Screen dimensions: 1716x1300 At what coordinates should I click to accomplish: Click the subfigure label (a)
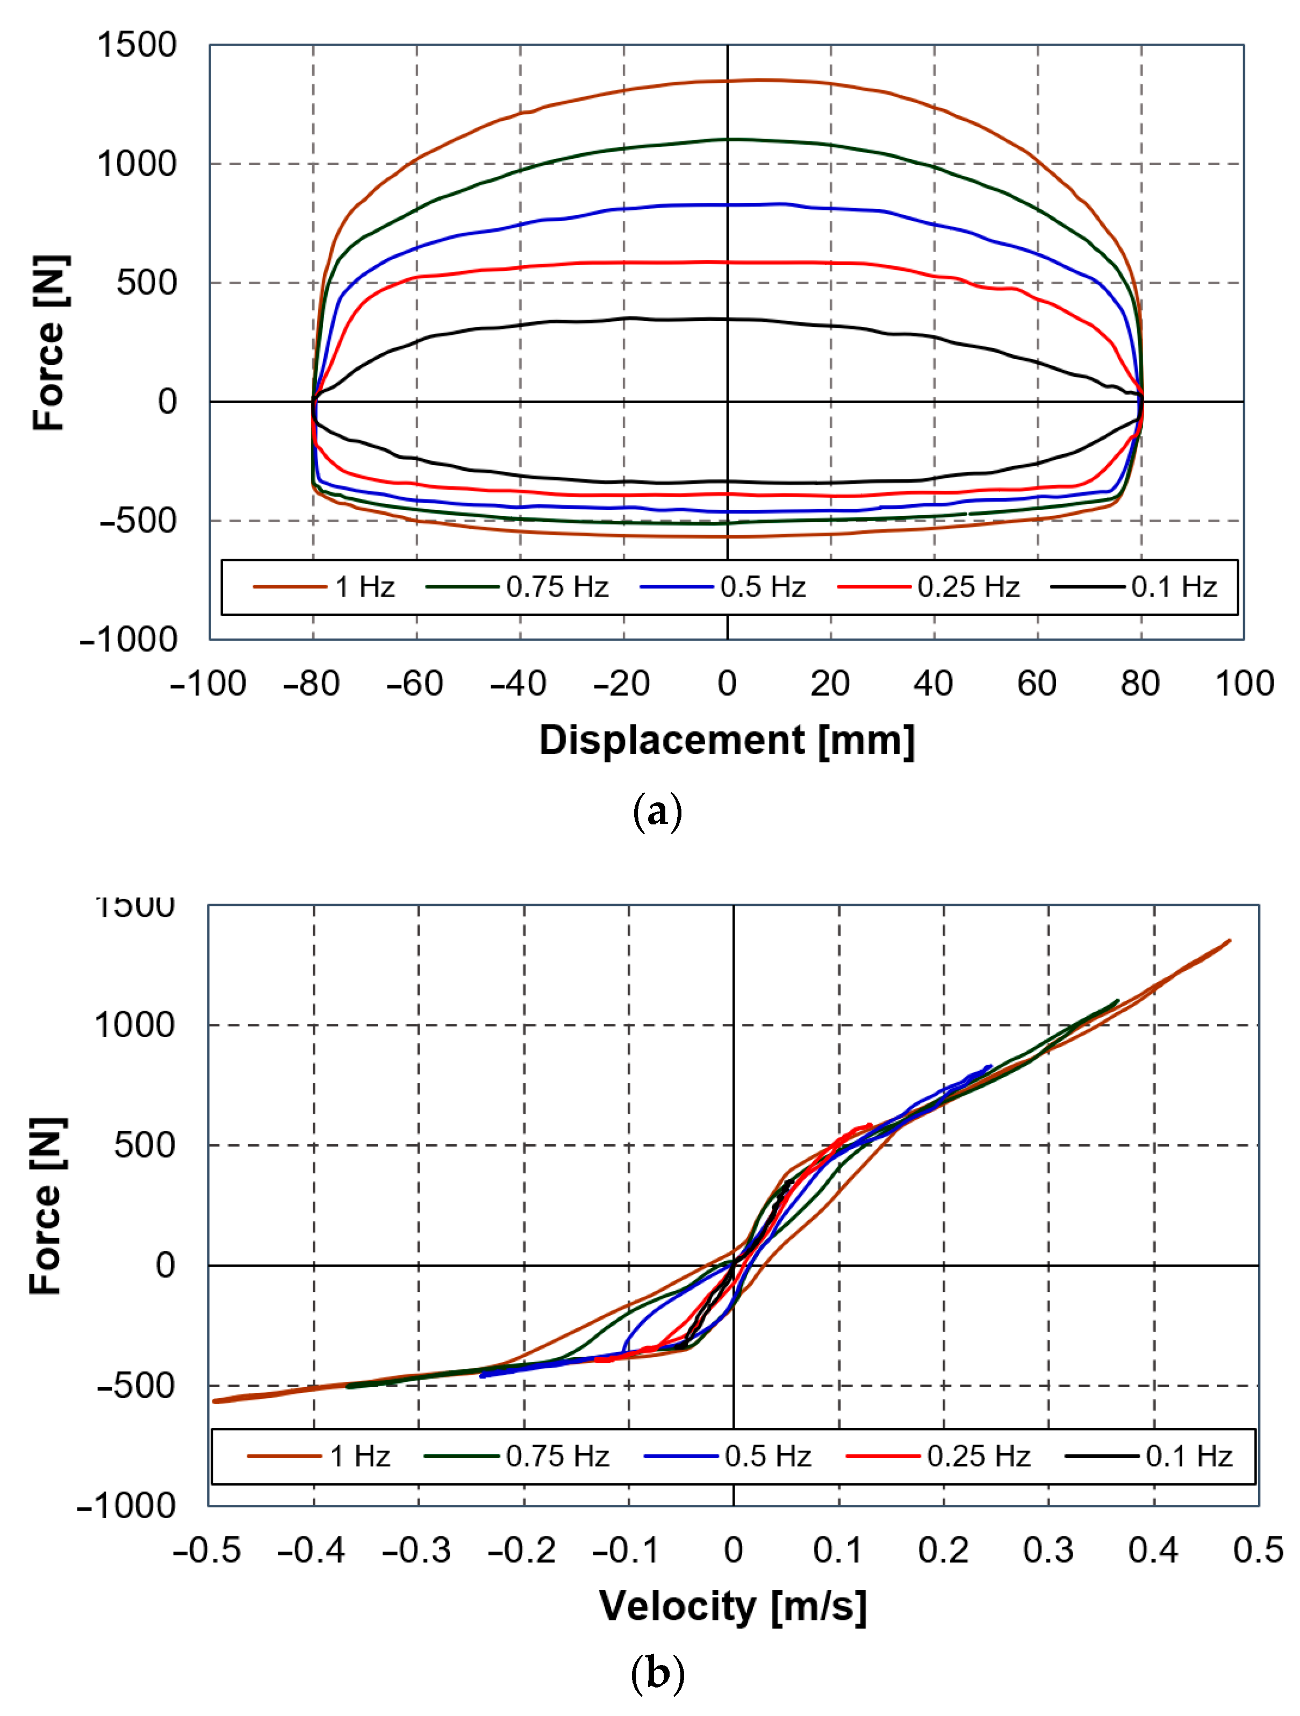click(657, 812)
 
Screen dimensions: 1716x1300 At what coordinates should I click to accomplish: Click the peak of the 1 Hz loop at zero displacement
click(727, 81)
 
